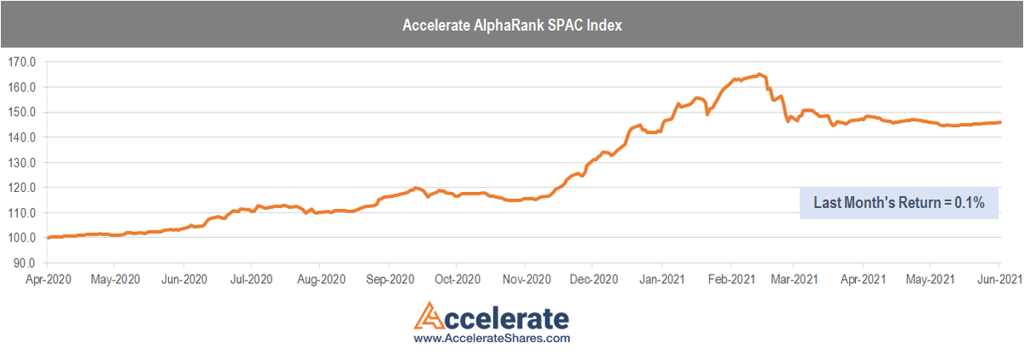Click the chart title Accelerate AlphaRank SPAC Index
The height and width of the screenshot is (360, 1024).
coord(511,26)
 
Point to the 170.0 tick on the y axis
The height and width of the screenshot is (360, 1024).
coord(20,62)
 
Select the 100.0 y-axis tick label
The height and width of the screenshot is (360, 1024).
coord(20,238)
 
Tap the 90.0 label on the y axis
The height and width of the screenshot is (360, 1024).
coord(23,263)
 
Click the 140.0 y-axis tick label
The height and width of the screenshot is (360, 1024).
coord(20,137)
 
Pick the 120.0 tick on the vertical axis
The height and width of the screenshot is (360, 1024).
coord(20,188)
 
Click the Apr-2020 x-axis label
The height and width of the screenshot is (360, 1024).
coord(48,278)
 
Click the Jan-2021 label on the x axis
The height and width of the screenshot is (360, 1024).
coord(660,278)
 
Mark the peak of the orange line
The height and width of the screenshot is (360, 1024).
coord(759,74)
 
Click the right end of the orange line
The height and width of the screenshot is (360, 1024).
coord(1000,122)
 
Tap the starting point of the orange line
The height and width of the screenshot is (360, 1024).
coord(49,237)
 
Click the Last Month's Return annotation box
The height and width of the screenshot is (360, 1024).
coord(899,203)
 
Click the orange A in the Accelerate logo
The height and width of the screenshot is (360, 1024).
coord(429,317)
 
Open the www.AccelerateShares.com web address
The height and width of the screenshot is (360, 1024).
coord(492,339)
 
